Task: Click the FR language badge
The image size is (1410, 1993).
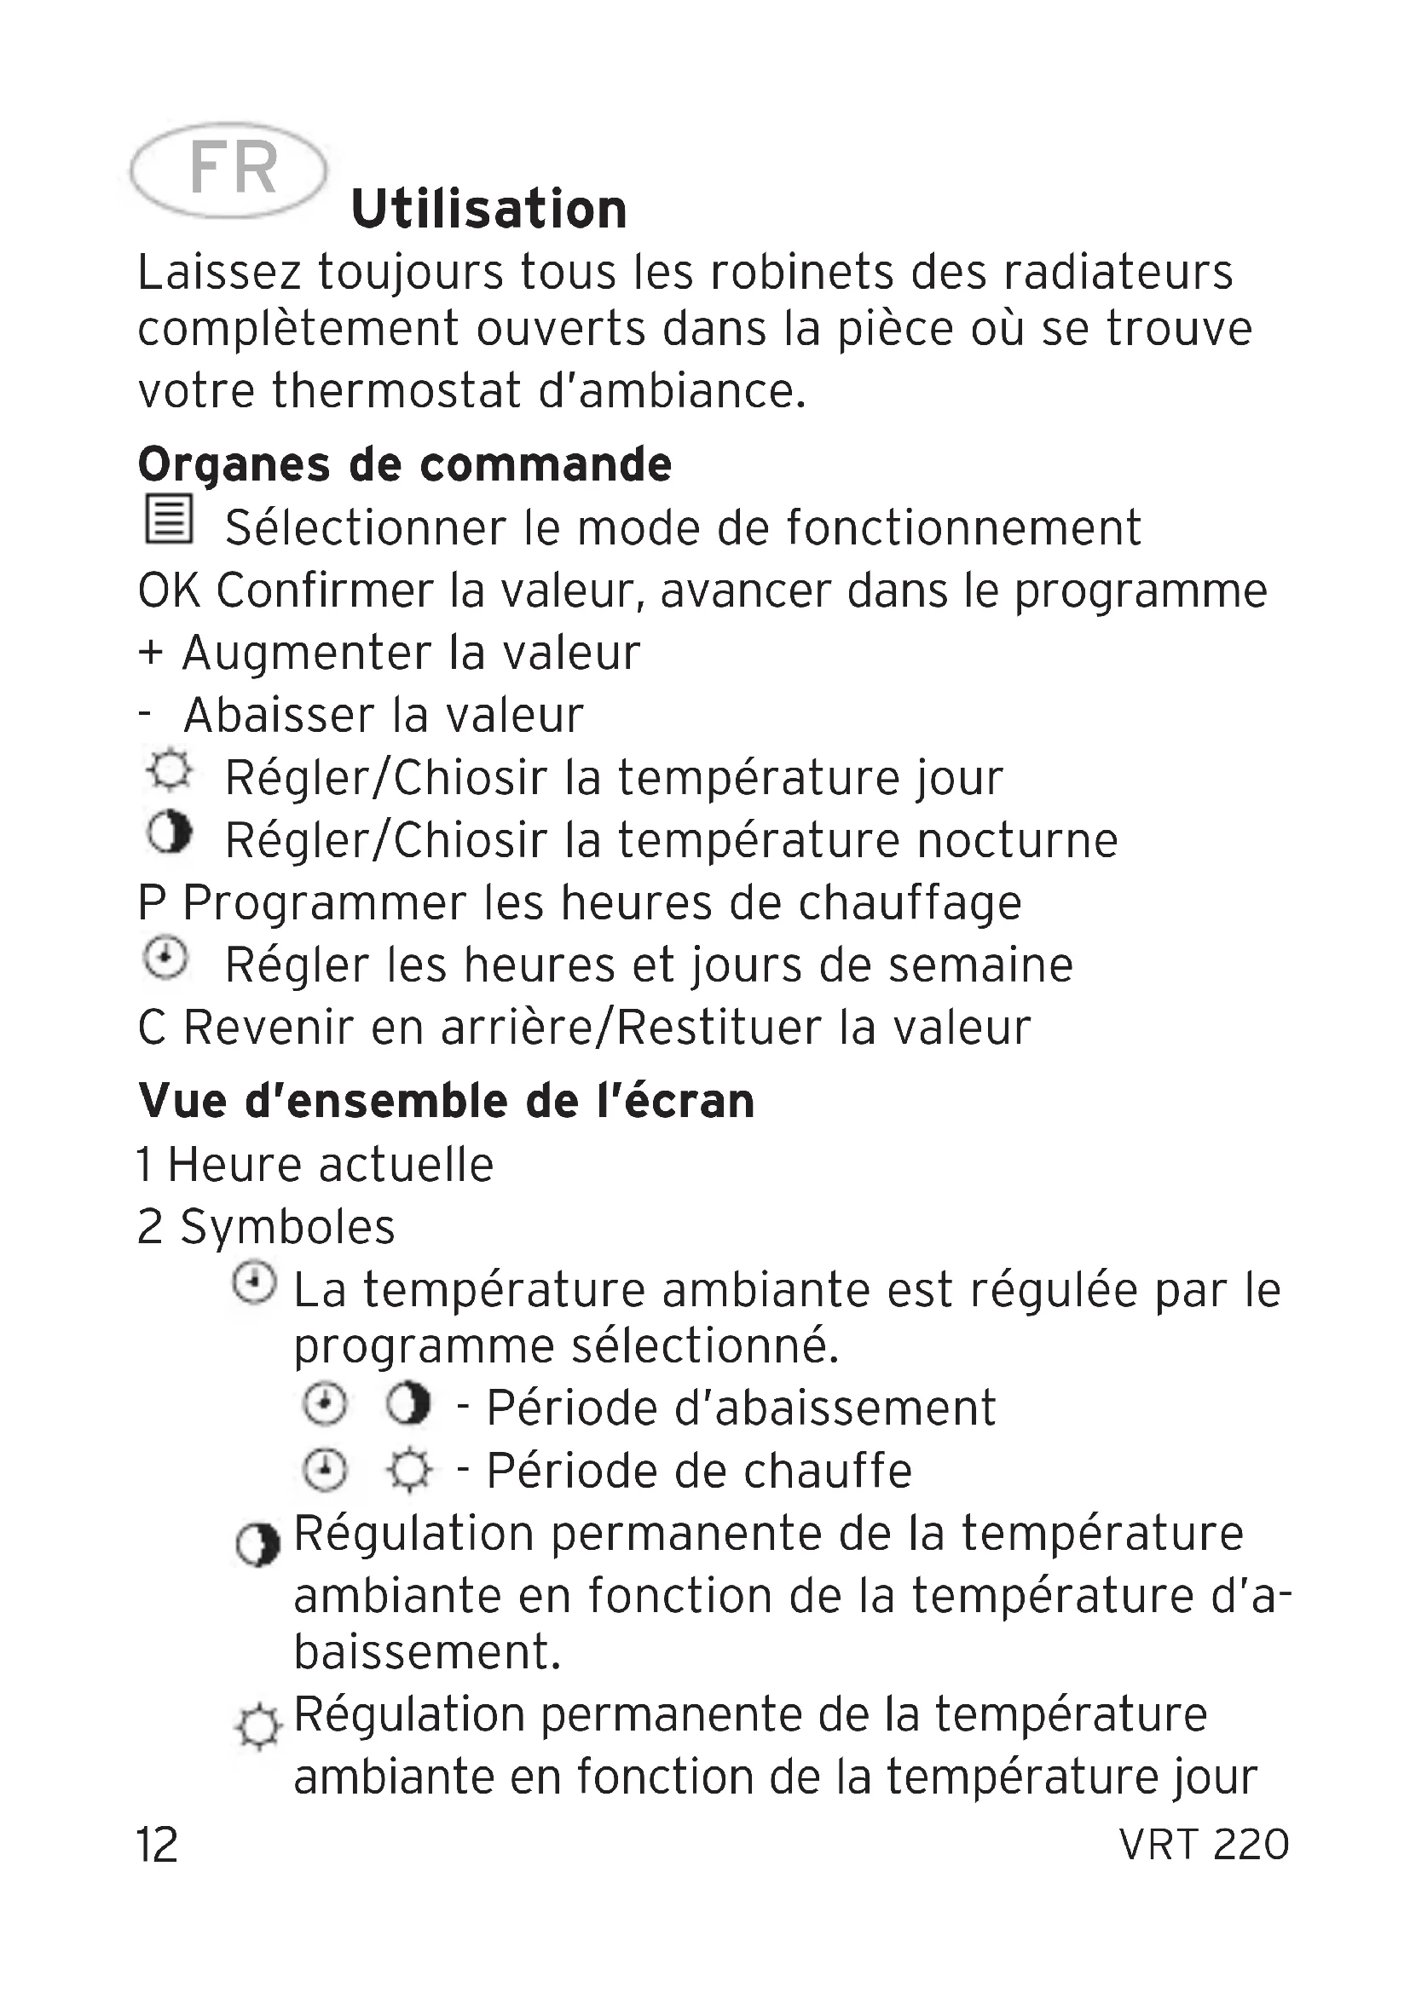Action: (228, 170)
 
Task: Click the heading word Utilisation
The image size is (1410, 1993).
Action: (488, 210)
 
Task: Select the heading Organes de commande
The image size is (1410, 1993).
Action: (405, 464)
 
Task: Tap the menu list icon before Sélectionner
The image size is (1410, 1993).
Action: (169, 519)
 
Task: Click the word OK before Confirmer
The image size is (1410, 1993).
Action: (170, 591)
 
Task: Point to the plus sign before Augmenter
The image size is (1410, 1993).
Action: (151, 653)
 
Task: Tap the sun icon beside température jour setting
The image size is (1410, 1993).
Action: (169, 770)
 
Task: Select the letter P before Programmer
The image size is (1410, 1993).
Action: (151, 902)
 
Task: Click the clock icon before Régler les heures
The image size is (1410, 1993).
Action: (165, 959)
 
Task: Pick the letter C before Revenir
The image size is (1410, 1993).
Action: (152, 1028)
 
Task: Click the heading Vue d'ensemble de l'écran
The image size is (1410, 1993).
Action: (446, 1101)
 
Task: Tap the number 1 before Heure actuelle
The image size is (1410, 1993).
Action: (145, 1165)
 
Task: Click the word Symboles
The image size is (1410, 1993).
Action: (287, 1227)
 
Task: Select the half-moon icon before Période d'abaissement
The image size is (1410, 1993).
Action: (408, 1404)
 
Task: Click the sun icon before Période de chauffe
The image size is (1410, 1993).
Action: (408, 1471)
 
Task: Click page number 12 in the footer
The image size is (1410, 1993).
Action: (157, 1845)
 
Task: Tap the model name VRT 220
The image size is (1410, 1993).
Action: (1204, 1845)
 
